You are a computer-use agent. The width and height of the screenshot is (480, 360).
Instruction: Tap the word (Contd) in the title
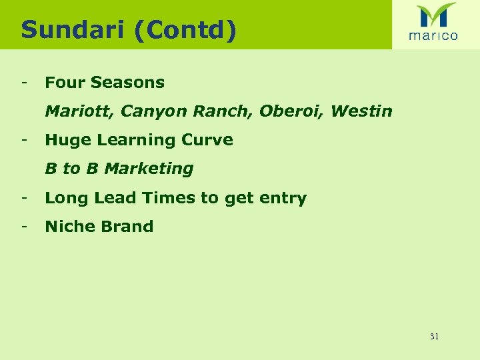point(184,30)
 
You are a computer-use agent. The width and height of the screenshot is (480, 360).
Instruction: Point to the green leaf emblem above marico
point(435,15)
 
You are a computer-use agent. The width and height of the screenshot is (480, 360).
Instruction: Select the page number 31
point(434,337)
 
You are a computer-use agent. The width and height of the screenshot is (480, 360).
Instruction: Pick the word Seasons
point(127,83)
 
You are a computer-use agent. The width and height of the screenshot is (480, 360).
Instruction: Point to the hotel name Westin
point(361,111)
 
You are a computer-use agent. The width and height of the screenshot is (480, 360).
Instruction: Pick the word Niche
point(69,227)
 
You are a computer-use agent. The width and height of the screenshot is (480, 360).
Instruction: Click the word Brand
point(127,227)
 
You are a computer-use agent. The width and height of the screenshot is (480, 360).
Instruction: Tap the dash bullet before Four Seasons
point(23,83)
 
